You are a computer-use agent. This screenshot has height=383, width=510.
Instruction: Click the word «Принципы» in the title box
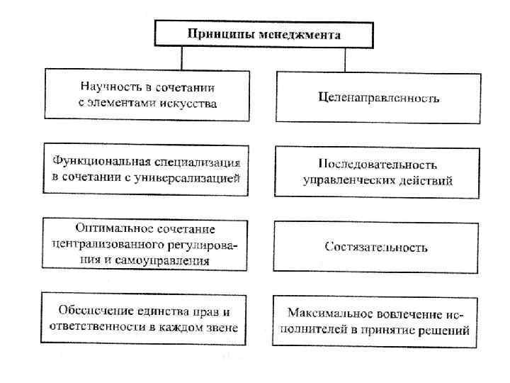(212, 34)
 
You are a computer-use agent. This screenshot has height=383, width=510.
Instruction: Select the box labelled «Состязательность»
(376, 248)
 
